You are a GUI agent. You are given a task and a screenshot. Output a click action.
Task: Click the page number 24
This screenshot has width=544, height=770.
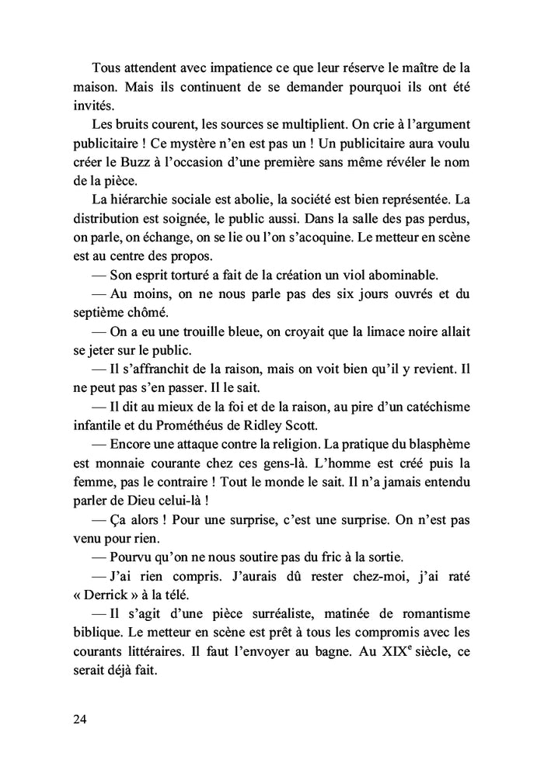tap(80, 719)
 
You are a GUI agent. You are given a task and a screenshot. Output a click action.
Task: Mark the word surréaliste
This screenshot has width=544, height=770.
tap(255, 612)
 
